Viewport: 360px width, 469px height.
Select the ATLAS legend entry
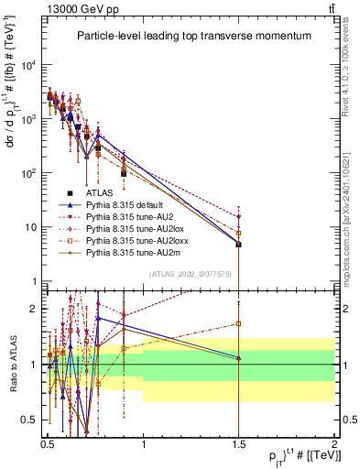(x=100, y=193)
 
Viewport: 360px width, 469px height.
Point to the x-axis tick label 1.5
(x=238, y=442)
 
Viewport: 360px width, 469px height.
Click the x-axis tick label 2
(x=333, y=442)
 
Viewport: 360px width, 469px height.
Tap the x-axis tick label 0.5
(x=48, y=442)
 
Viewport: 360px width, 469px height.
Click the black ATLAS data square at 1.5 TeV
(x=238, y=245)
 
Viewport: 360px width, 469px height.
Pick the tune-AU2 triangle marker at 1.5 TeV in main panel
(x=238, y=217)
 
